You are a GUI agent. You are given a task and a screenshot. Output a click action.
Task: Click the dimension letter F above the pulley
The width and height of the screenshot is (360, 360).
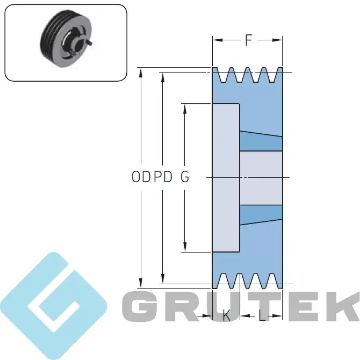point(248,40)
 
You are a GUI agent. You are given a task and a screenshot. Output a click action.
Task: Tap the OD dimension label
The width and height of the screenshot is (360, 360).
point(141,177)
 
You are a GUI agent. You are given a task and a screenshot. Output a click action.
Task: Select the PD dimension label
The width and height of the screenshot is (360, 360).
point(163,177)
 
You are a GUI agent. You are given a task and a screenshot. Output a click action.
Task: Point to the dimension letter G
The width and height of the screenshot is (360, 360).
point(185,177)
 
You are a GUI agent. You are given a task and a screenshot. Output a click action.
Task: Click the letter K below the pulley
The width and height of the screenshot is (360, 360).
point(226,316)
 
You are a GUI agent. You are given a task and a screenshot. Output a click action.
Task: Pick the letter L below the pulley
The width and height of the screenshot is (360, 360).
point(262,316)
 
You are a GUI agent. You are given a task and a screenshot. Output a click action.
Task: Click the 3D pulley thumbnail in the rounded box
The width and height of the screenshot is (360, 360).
point(66,38)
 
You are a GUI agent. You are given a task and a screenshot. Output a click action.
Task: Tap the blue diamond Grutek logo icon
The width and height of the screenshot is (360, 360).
point(53,306)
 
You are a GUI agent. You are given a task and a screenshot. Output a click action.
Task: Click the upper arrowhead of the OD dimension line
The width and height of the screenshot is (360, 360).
point(141,72)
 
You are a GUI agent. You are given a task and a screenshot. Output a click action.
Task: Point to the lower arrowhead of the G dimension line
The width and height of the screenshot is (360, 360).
point(185,247)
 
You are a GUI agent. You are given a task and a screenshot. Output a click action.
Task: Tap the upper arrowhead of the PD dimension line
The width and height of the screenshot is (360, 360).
point(163,77)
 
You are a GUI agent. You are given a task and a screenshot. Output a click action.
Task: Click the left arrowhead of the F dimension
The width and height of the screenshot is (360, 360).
point(218,40)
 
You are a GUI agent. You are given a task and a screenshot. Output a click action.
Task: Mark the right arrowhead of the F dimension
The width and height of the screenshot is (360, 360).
point(277,40)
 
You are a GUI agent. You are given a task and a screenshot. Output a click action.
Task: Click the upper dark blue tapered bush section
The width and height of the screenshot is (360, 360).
point(261,141)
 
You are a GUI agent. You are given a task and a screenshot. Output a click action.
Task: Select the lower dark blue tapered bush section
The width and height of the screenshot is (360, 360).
point(261,214)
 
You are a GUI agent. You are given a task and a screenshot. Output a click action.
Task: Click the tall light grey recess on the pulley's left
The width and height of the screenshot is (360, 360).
point(226,178)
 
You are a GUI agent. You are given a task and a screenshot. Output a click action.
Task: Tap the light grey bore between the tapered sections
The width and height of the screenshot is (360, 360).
point(261,178)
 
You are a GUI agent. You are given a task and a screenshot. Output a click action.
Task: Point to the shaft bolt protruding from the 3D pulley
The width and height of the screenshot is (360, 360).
point(89,42)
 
